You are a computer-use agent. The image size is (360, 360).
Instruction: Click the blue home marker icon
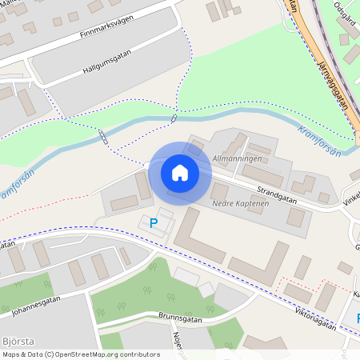(179, 172)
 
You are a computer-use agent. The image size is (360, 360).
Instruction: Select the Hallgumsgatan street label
(106, 61)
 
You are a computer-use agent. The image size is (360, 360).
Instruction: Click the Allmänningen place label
(238, 160)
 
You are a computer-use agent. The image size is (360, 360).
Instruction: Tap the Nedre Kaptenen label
(239, 204)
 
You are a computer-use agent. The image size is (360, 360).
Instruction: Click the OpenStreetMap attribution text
(81, 354)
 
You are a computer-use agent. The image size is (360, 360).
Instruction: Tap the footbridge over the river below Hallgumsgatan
(174, 118)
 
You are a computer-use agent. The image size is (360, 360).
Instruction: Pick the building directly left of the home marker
(143, 185)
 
